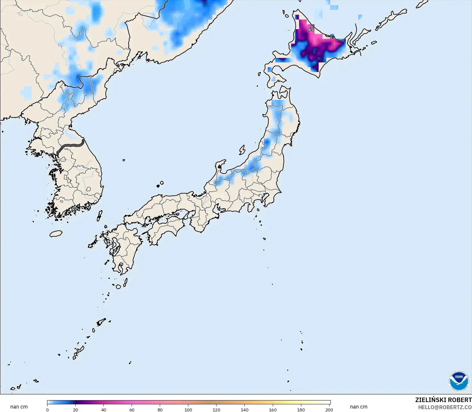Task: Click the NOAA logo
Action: click(x=459, y=381)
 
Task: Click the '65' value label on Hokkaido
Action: click(x=311, y=29)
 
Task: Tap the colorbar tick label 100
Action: click(x=188, y=409)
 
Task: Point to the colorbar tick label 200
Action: click(x=329, y=409)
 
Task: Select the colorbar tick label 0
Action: click(x=47, y=409)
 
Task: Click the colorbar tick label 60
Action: click(x=132, y=409)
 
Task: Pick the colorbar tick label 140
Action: click(x=245, y=409)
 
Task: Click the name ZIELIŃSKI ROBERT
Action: click(x=443, y=400)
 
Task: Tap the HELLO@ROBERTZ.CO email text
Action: click(x=445, y=407)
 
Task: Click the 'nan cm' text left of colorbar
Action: click(x=19, y=407)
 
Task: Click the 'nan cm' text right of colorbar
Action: click(x=358, y=407)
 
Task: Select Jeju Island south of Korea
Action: click(x=56, y=234)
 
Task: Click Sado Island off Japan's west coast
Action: click(x=242, y=150)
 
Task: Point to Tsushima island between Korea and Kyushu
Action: click(x=100, y=215)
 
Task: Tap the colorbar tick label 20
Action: click(x=76, y=409)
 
